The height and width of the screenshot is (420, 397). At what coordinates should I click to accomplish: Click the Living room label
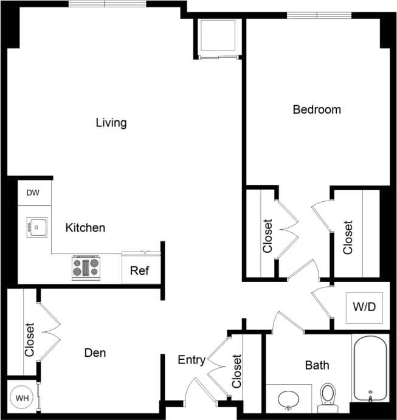111,123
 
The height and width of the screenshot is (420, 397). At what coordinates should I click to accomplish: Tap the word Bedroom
317,110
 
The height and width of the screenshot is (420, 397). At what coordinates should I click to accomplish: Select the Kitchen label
85,228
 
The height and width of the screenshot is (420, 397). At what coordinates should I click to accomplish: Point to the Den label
95,353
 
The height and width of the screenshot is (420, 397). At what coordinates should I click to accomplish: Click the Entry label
191,360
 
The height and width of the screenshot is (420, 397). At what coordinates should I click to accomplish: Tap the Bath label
317,365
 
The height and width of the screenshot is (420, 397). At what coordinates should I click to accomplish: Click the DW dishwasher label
33,193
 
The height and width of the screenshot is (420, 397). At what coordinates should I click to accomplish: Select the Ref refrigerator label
140,271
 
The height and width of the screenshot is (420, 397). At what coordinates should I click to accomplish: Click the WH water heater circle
22,399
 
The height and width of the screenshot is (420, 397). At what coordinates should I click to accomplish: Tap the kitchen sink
36,227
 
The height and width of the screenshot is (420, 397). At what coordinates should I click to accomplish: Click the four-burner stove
86,267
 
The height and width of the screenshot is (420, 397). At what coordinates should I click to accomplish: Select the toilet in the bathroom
328,396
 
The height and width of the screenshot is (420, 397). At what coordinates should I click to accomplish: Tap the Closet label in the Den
29,339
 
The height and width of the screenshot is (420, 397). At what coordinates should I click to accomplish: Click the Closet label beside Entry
236,371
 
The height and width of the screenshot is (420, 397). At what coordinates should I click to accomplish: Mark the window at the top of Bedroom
319,15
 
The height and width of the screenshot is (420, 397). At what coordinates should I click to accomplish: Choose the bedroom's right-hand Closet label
348,237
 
